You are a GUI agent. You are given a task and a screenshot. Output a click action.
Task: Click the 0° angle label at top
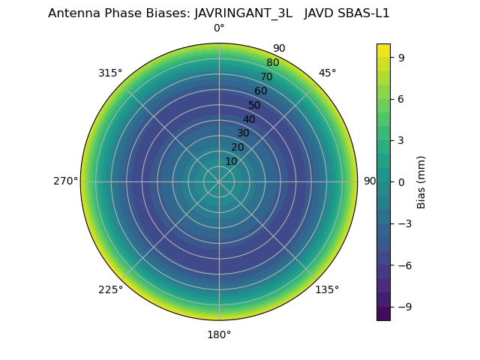pyautogui.click(x=219, y=28)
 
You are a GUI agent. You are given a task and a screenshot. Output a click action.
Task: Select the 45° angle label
pyautogui.click(x=327, y=73)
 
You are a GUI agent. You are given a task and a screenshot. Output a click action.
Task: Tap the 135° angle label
pyautogui.click(x=327, y=290)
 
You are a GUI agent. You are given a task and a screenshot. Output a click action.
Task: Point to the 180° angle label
pyautogui.click(x=219, y=335)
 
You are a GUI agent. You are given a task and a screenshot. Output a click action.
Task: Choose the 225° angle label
pyautogui.click(x=110, y=290)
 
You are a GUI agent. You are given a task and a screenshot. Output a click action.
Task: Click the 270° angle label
pyautogui.click(x=65, y=181)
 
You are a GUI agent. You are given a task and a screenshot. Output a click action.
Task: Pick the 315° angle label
pyautogui.click(x=110, y=73)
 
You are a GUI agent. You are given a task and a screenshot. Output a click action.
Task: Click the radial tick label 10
pyautogui.click(x=231, y=161)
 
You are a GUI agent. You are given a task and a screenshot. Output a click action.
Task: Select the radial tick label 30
pyautogui.click(x=243, y=133)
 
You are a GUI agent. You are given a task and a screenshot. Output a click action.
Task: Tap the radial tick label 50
pyautogui.click(x=255, y=106)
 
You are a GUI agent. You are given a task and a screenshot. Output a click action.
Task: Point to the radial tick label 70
pyautogui.click(x=266, y=77)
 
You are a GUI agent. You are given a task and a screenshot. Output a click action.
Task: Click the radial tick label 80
pyautogui.click(x=272, y=63)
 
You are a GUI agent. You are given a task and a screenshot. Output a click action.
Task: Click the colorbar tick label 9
pyautogui.click(x=401, y=57)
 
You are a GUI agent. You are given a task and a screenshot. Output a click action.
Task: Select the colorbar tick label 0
pyautogui.click(x=401, y=182)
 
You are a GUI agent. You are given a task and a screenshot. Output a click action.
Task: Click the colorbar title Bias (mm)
pyautogui.click(x=421, y=182)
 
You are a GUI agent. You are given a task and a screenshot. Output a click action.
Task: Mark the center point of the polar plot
pyautogui.click(x=219, y=181)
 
